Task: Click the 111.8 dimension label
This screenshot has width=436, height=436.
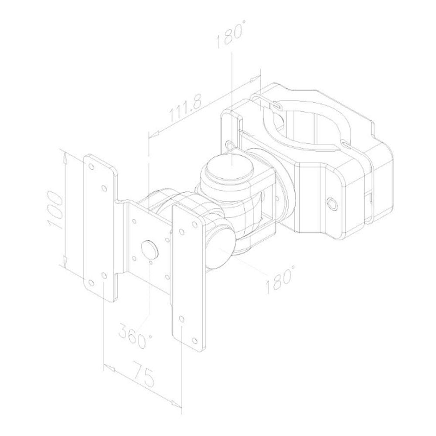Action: point(186,108)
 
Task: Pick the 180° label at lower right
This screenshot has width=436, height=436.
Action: point(279,279)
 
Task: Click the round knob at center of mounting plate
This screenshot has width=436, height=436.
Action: point(150,249)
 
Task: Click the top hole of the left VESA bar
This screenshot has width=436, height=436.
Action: point(91,167)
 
